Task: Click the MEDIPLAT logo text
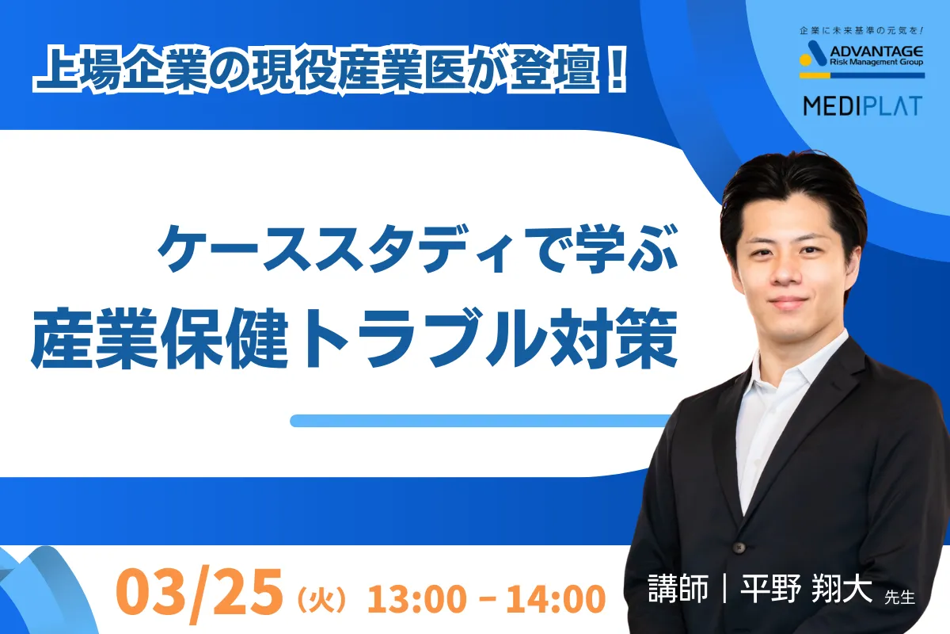(x=862, y=105)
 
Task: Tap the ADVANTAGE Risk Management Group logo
(x=862, y=59)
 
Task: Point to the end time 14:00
(x=556, y=598)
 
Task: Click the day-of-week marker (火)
(x=321, y=600)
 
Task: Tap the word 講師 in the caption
(x=678, y=588)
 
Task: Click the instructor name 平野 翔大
(x=806, y=588)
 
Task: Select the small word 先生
(x=899, y=597)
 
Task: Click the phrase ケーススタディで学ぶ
(x=417, y=250)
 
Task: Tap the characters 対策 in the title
(x=613, y=338)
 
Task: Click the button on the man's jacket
(x=739, y=548)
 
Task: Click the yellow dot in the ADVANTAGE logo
(x=805, y=60)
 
